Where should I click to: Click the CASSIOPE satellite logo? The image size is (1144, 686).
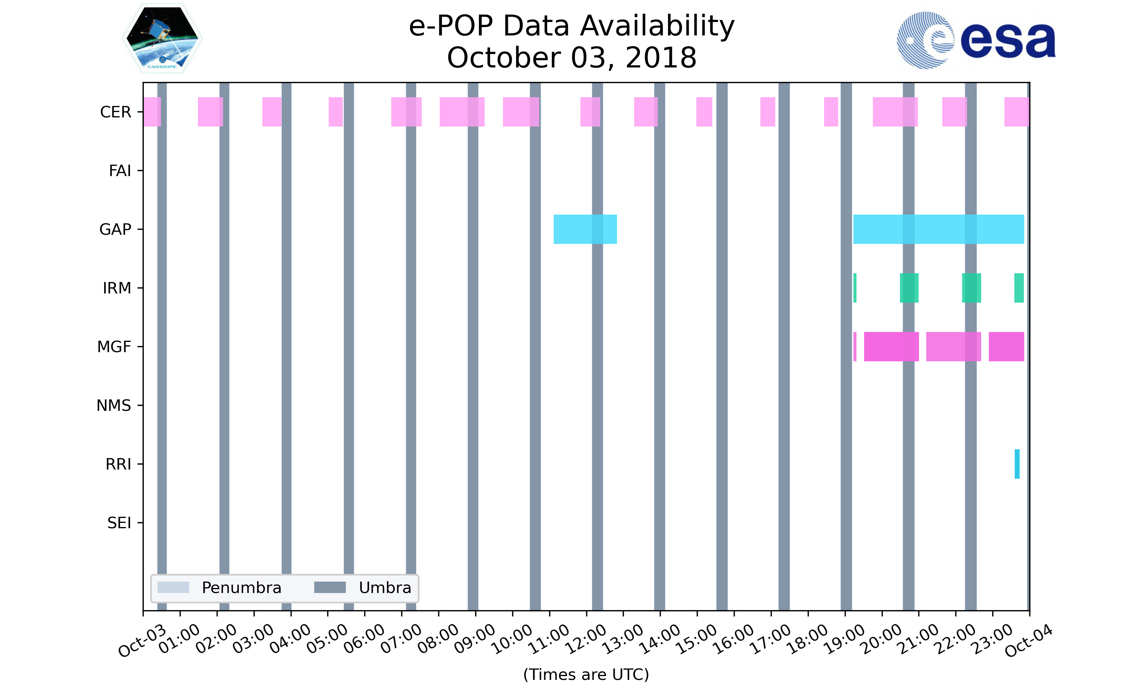162,39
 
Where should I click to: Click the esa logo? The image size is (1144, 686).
976,41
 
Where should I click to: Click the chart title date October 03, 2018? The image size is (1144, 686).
572,58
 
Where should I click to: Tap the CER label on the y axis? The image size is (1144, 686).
116,112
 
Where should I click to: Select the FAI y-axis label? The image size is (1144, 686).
120,171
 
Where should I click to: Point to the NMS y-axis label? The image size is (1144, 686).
114,406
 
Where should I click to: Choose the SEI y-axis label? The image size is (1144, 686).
119,523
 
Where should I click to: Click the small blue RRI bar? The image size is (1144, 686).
1017,464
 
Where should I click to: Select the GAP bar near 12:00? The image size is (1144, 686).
585,229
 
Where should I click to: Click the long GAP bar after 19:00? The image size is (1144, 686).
939,229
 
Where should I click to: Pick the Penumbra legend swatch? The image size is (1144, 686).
173,588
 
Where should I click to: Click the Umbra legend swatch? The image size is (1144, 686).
330,588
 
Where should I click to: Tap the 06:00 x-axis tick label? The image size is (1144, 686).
365,639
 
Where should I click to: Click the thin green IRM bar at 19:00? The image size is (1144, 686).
855,288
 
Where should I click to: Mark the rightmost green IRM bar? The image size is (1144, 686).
1019,288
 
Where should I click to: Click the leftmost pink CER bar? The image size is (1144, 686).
152,112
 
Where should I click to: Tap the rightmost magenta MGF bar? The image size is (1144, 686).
1006,347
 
